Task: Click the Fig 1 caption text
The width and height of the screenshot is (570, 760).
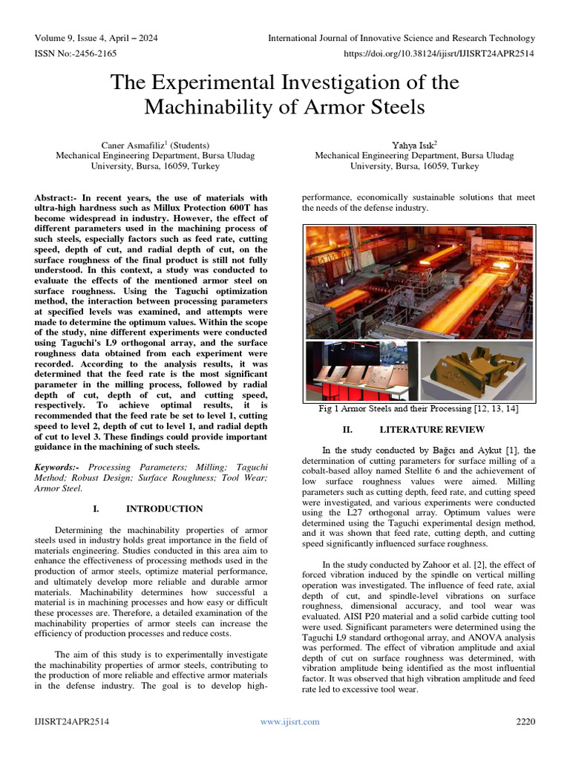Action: click(x=419, y=409)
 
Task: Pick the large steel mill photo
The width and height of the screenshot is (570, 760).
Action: click(x=419, y=281)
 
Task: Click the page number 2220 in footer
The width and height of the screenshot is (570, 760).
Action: click(x=525, y=721)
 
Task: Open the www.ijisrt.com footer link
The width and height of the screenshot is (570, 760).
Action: click(x=289, y=721)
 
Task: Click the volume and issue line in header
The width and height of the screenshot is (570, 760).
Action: click(x=96, y=38)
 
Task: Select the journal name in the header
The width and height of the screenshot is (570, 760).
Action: click(x=401, y=38)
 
